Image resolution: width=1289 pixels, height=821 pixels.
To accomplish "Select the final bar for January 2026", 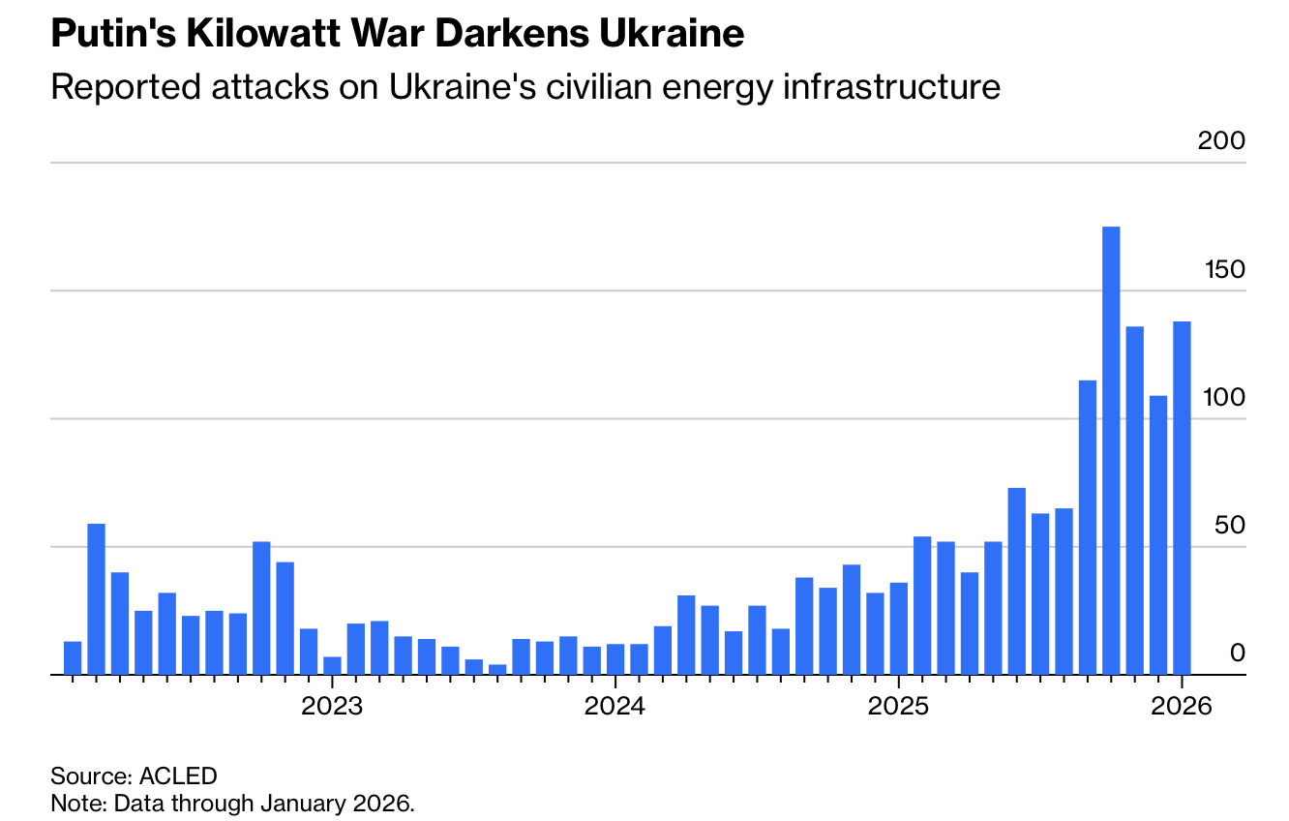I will (x=1182, y=498).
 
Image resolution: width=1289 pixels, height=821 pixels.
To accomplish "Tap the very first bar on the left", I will (x=73, y=658).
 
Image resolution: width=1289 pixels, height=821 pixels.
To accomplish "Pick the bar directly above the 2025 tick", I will (x=899, y=628).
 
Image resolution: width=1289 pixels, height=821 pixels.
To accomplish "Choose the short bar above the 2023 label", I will (x=332, y=665).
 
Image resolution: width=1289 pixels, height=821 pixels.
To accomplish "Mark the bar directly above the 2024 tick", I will (x=615, y=659).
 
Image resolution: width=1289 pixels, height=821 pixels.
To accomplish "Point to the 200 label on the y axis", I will (x=1221, y=141).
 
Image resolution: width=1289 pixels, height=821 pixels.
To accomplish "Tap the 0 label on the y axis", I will (x=1237, y=654).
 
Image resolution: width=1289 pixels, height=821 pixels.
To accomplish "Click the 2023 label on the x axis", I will (x=332, y=706).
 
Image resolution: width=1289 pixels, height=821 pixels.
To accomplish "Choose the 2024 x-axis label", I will (x=615, y=706).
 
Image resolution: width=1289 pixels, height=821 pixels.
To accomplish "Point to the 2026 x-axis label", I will (x=1182, y=706).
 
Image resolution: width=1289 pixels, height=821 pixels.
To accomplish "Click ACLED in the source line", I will (x=179, y=775).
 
